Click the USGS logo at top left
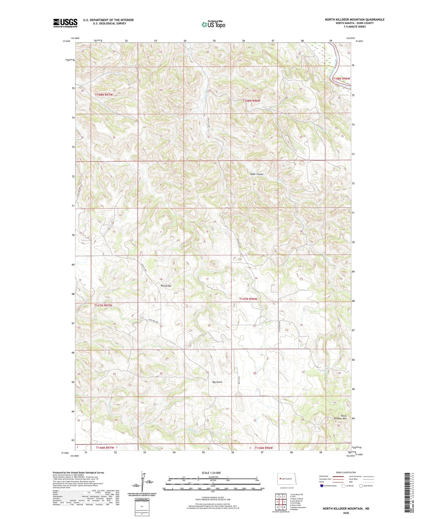65,23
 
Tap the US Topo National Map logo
213,24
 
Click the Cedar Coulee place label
256,174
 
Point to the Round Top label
166,286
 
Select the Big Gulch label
217,382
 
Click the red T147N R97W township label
103,305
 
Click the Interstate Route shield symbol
322,486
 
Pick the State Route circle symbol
361,486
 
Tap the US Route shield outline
344,486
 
